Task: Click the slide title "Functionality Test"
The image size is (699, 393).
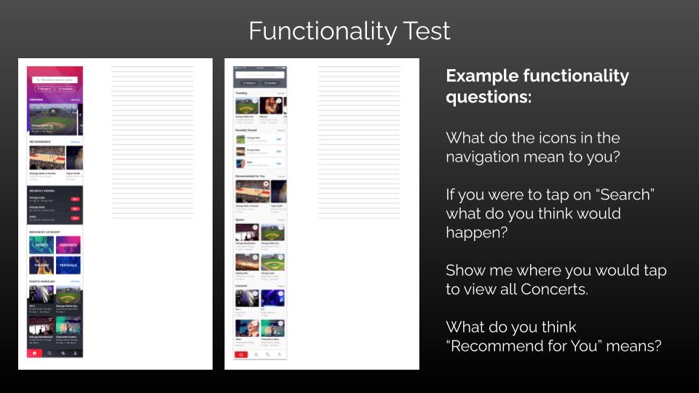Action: pyautogui.click(x=349, y=31)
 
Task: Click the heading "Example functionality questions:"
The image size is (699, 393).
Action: pyautogui.click(x=537, y=86)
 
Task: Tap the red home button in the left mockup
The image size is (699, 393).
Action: pyautogui.click(x=33, y=353)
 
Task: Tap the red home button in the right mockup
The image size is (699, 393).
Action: pyautogui.click(x=241, y=354)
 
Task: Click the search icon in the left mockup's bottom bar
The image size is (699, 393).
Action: pyautogui.click(x=49, y=353)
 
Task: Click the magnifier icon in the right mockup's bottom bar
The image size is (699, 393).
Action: pyautogui.click(x=256, y=354)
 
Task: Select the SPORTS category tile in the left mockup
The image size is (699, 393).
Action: pyautogui.click(x=42, y=245)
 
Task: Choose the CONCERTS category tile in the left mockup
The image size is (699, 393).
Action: pyautogui.click(x=68, y=245)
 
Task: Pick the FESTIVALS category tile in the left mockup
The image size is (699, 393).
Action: pyautogui.click(x=68, y=266)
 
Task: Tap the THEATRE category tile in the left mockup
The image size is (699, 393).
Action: pyautogui.click(x=42, y=266)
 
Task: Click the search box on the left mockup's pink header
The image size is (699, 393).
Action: pyautogui.click(x=55, y=79)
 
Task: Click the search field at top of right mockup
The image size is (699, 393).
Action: pyautogui.click(x=260, y=74)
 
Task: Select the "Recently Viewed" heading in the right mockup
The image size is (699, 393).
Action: pyautogui.click(x=245, y=130)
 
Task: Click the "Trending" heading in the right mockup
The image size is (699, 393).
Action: pyautogui.click(x=241, y=93)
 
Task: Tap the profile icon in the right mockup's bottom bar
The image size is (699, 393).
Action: pyautogui.click(x=279, y=354)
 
